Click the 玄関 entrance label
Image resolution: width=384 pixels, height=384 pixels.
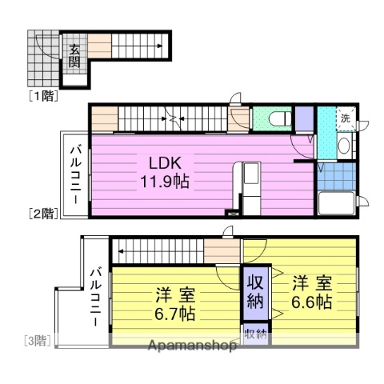point(74,56)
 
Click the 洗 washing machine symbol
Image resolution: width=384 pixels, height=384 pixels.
point(345,118)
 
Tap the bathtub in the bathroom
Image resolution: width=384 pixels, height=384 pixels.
point(337,203)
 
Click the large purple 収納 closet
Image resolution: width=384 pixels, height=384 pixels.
point(255,294)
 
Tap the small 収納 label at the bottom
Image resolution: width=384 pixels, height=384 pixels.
point(255,334)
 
